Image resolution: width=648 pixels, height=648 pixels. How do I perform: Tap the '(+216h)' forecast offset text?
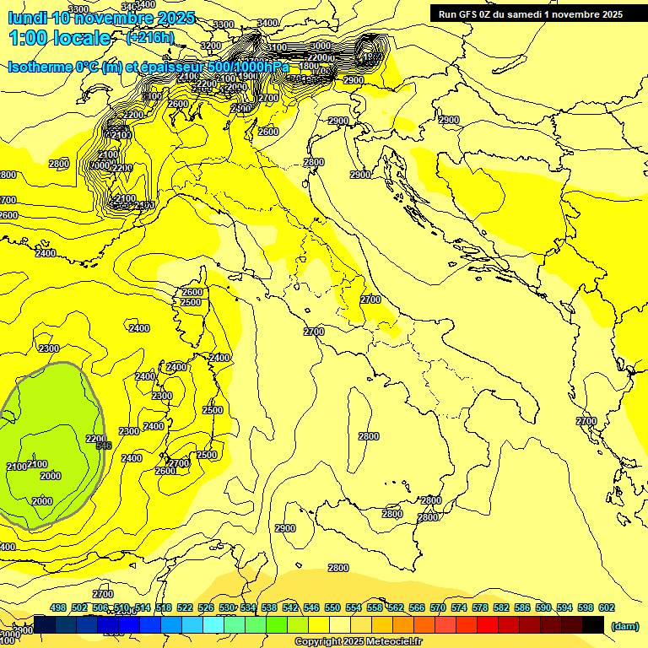pos(150,37)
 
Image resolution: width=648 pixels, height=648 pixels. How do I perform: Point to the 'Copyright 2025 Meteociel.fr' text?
pos(358,641)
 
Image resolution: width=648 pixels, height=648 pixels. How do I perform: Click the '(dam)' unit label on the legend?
pos(624,625)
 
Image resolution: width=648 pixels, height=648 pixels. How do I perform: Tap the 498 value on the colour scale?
pos(58,607)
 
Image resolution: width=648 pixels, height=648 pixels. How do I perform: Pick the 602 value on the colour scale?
pos(607,607)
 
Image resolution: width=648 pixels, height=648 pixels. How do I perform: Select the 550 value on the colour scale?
pos(332,607)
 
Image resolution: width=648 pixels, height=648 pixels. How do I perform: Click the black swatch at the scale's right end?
pos(593,624)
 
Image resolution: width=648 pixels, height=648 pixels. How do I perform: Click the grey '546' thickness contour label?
pos(104,445)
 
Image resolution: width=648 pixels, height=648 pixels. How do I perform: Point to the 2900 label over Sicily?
pos(285,528)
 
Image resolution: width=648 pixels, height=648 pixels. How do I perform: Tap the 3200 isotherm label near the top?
pos(211,46)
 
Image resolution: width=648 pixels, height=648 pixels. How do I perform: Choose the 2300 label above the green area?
pos(49,348)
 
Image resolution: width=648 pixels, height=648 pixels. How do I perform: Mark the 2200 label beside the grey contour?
pos(96,439)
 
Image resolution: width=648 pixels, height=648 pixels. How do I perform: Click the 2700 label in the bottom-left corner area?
pos(103,594)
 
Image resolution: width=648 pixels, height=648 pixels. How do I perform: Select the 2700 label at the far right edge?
pos(586,421)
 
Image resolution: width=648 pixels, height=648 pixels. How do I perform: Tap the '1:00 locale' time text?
pos(60,38)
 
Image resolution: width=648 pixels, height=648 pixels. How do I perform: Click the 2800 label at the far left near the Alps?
pos(59,164)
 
